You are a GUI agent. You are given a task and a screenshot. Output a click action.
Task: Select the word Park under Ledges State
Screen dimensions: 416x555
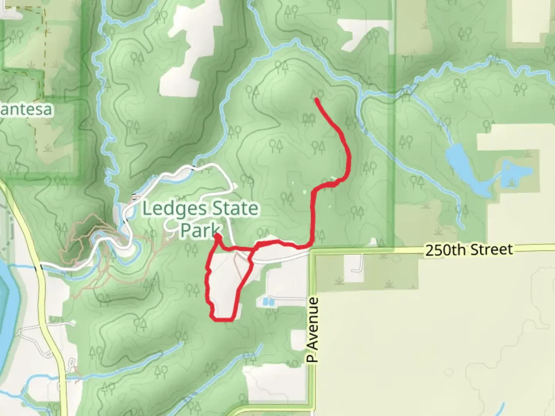tap(200, 230)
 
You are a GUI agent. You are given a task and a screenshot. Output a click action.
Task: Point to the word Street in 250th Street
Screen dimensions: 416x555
tap(493, 250)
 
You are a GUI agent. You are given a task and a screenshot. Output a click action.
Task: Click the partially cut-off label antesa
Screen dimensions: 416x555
tap(26, 110)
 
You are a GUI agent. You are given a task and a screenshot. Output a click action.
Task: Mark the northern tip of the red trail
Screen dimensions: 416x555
tap(316, 99)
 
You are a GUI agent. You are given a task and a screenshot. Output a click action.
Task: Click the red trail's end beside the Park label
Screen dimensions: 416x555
tap(217, 235)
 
